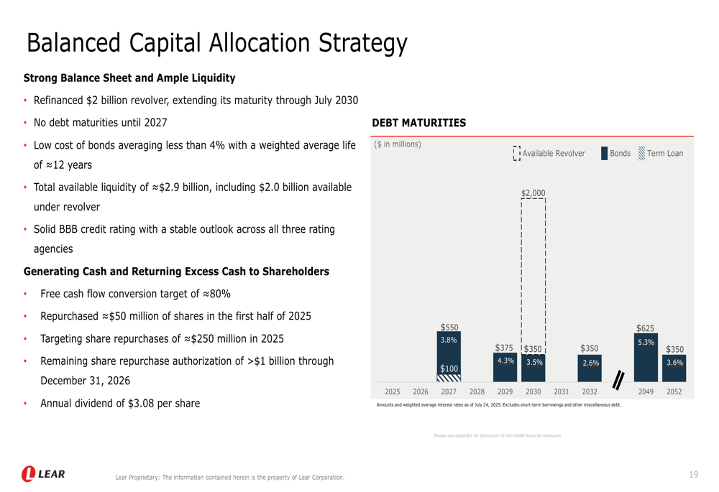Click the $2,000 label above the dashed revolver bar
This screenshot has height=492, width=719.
coord(533,192)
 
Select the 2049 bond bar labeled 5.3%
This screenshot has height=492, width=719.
coord(646,359)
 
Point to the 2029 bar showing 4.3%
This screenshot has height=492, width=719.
coord(505,368)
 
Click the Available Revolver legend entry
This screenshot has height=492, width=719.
coord(549,154)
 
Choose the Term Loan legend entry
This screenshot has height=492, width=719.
coord(661,154)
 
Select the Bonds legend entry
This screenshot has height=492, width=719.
coord(615,154)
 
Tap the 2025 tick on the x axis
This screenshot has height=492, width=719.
coord(393,392)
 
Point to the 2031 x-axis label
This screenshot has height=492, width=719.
coord(562,392)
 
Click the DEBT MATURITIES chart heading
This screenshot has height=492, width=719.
coord(419,123)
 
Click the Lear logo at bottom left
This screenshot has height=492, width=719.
coord(44,474)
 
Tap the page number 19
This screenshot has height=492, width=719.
coord(693,474)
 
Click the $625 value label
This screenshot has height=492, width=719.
coord(645,328)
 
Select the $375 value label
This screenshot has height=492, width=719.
coord(504,348)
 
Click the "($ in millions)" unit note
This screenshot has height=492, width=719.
coord(398,144)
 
